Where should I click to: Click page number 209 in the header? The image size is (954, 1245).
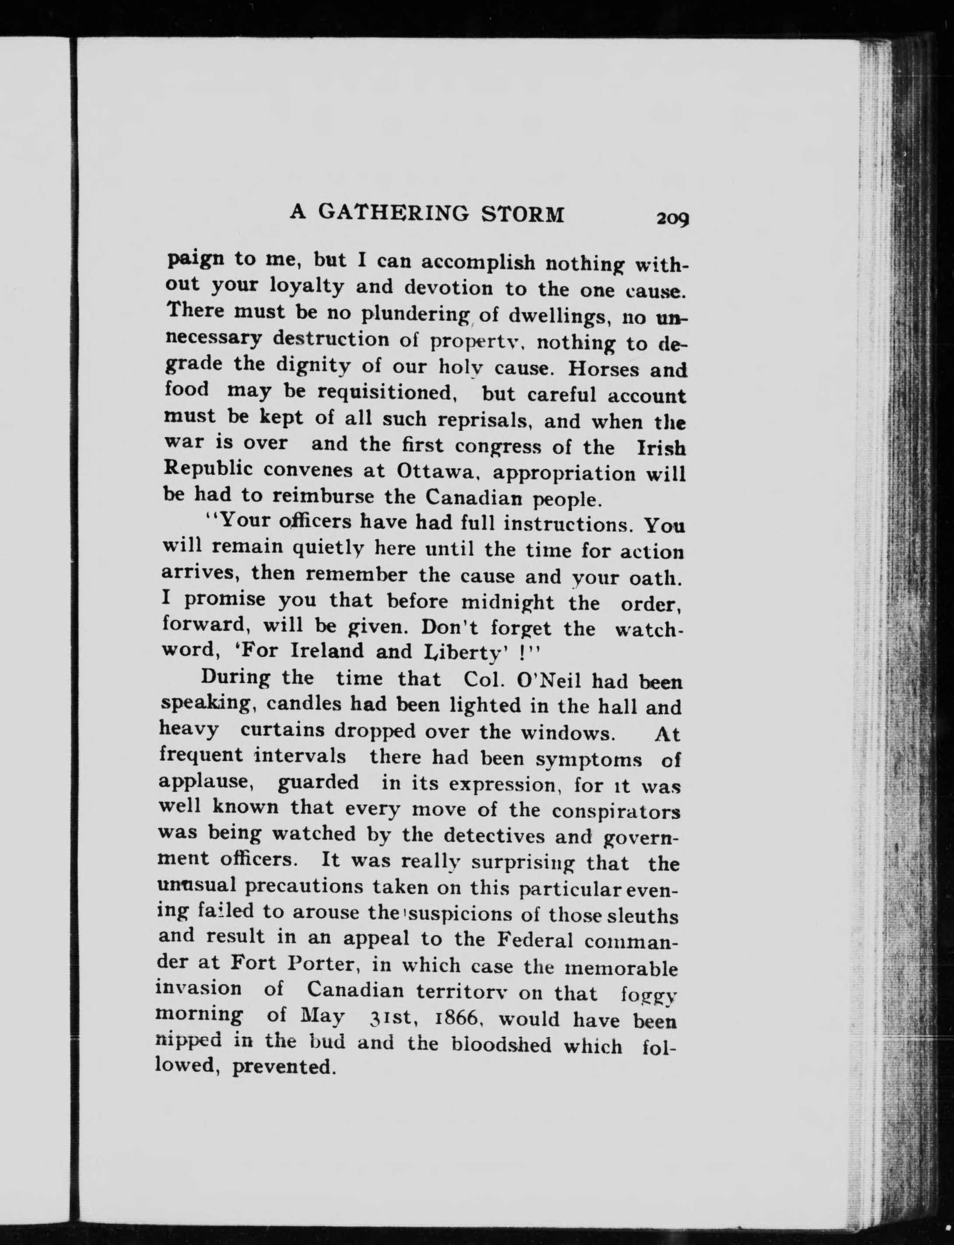(672, 218)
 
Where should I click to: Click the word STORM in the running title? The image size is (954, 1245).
(523, 214)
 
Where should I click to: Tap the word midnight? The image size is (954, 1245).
(508, 602)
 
